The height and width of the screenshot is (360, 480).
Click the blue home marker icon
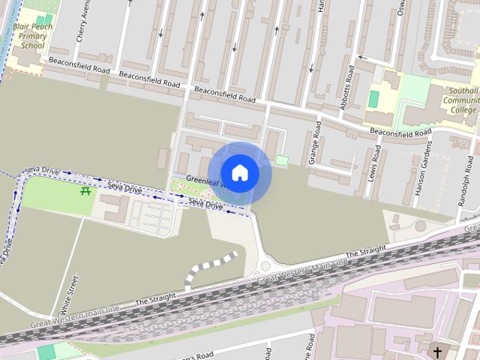pos(239,172)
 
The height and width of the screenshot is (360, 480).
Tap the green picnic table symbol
pos(85,192)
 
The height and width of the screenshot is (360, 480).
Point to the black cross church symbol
pos(437,351)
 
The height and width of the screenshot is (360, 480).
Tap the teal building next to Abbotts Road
pos(373,99)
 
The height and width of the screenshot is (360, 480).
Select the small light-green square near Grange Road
pos(281,160)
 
